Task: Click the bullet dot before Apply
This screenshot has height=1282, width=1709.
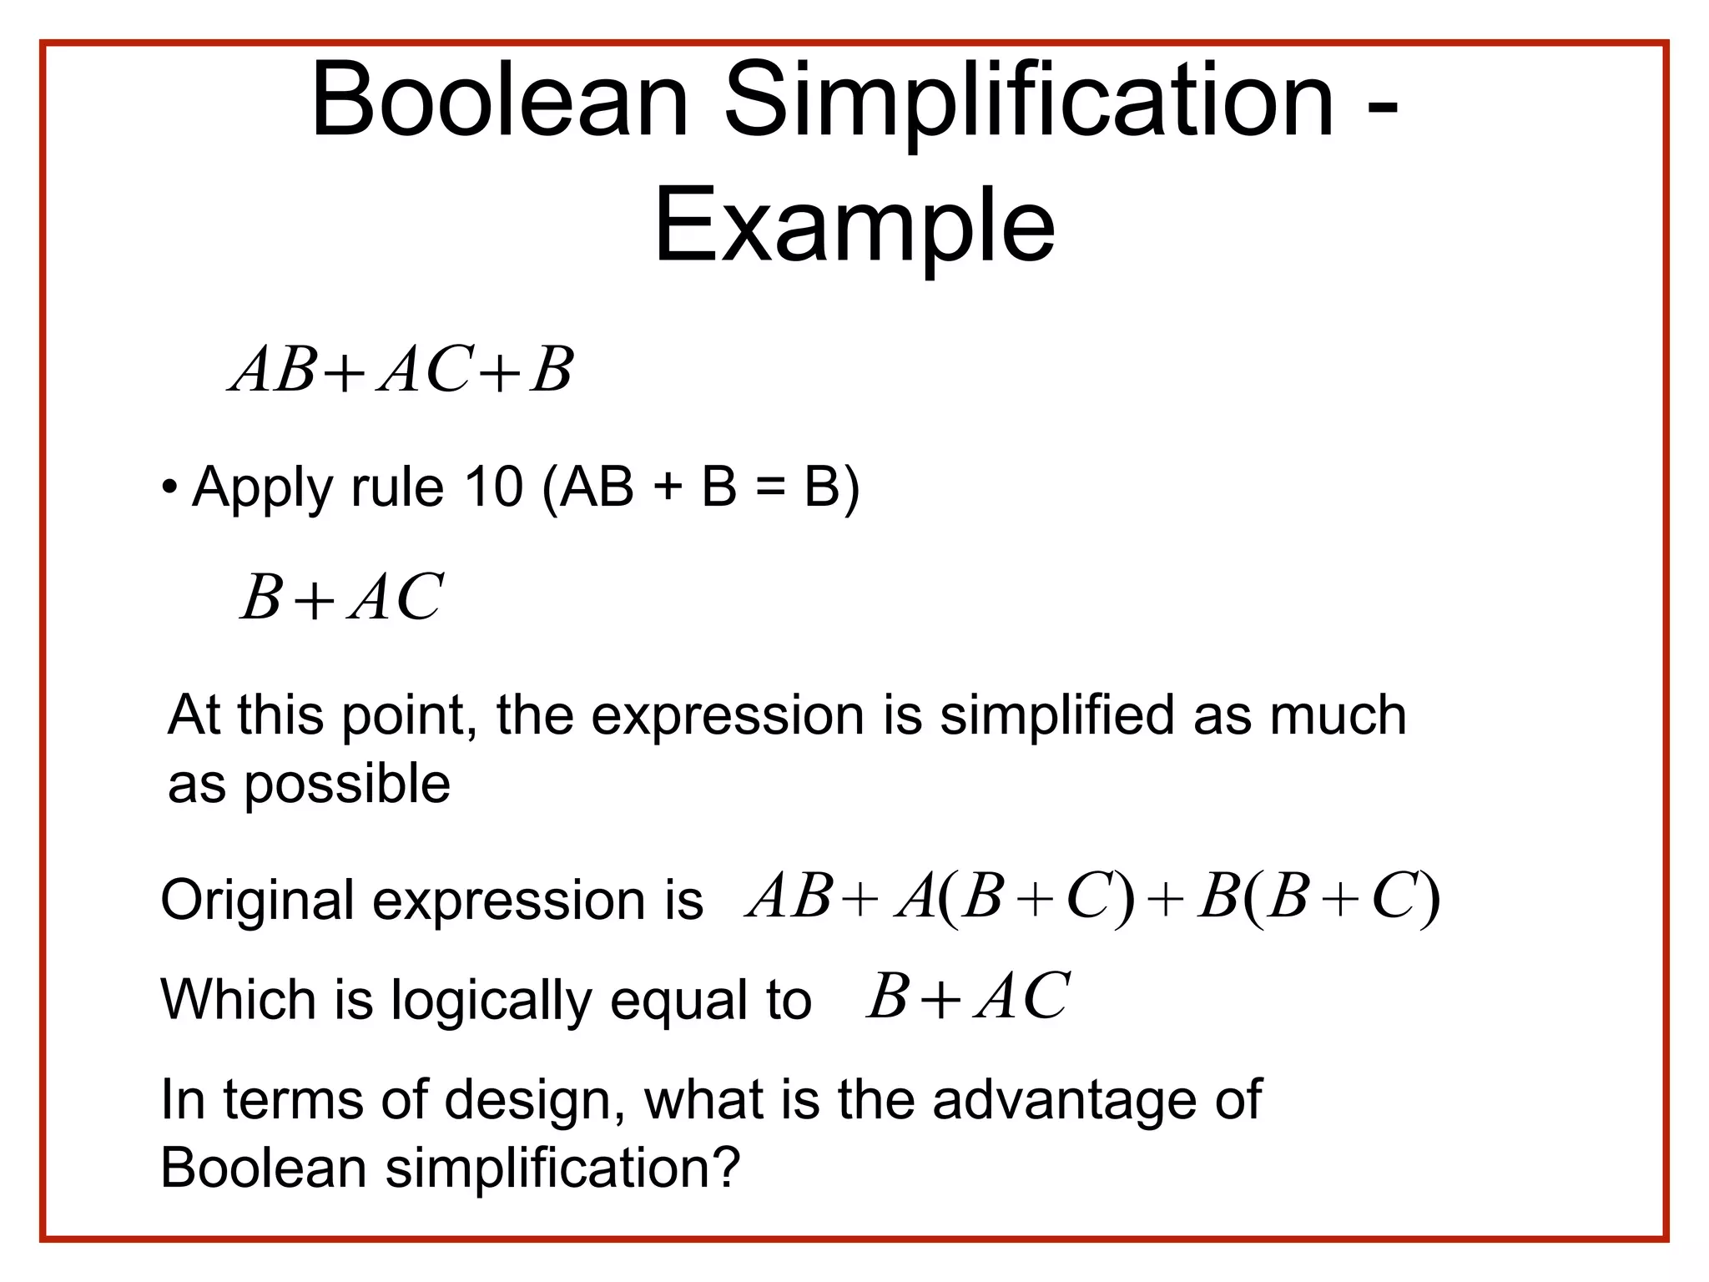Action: point(170,486)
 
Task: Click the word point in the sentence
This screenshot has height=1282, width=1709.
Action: point(402,717)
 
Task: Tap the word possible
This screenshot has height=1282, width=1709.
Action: point(346,785)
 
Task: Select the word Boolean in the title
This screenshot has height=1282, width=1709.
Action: point(499,102)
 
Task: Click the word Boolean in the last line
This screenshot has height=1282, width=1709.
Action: point(263,1168)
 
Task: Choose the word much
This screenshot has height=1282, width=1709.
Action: point(1338,715)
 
